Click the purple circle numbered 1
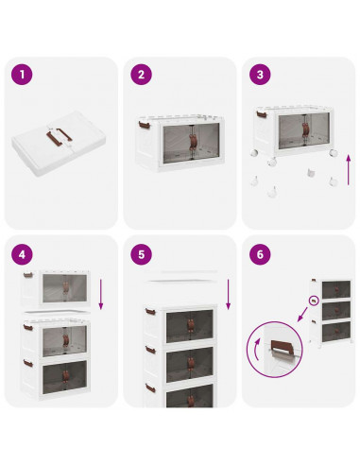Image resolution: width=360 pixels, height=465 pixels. pos(22,75)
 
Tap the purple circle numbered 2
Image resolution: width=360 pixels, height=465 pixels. pos(141,75)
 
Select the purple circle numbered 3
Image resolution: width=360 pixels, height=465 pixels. pos(260,75)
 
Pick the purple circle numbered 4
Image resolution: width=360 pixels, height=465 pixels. pos(22,254)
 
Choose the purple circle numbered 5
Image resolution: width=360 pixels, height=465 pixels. pos(141,254)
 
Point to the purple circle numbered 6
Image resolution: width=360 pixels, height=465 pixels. pos(260,254)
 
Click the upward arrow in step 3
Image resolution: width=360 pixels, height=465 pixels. pos(349,170)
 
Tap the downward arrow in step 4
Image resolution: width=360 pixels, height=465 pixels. pos(101,294)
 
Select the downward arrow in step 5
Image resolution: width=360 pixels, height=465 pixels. pos(229,294)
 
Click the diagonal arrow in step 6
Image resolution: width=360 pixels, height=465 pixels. pos(302,314)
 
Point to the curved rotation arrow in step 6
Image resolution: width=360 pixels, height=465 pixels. pos(257,349)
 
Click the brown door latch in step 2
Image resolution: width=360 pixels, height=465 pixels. pos(193,142)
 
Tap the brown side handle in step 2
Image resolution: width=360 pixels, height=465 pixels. pos(145,125)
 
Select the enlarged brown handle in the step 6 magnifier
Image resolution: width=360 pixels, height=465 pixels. pos(282,345)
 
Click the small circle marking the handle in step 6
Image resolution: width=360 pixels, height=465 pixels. pos(314,301)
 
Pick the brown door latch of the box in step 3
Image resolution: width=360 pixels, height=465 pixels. pos(305,129)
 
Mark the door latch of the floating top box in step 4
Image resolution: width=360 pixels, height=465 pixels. pos(65,287)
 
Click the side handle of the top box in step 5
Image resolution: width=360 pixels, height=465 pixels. pos(150,312)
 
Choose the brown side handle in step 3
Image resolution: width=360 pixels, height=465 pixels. pos(262,114)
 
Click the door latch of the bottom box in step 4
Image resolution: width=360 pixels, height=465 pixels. pos(65,376)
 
